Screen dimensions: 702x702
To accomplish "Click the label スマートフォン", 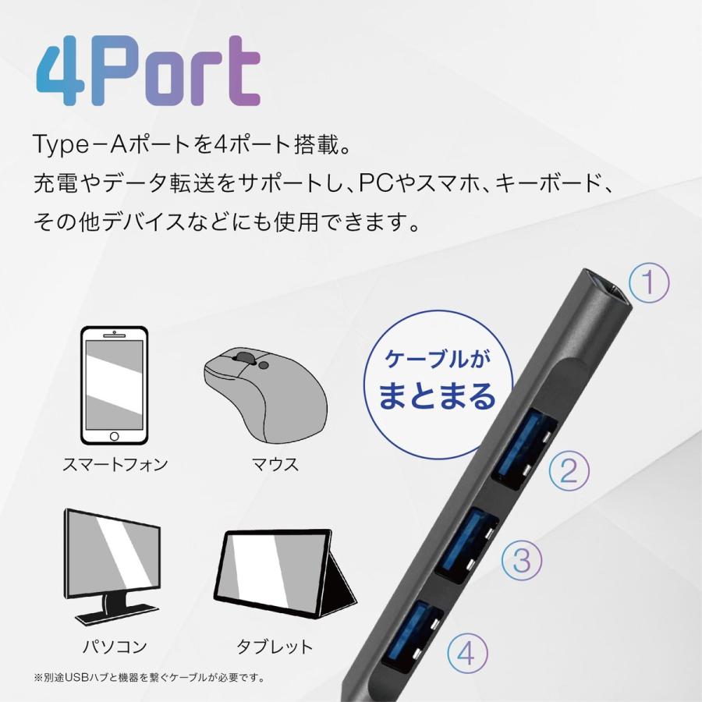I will tap(115, 465).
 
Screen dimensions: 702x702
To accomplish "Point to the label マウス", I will tap(275, 465).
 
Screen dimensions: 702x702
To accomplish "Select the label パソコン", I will tap(115, 647).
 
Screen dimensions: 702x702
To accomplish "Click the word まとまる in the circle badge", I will tap(437, 397).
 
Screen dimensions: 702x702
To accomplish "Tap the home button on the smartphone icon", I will tap(115, 434).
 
